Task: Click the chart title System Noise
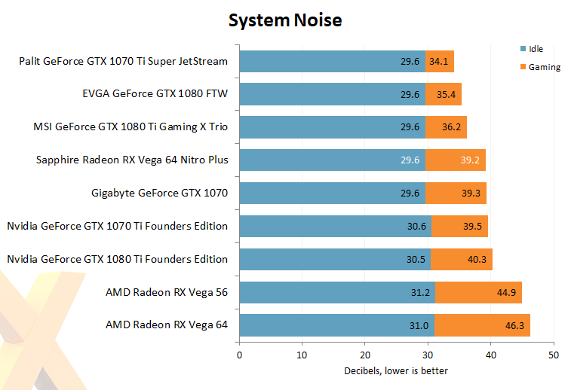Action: [285, 20]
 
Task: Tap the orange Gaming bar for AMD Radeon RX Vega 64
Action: [482, 325]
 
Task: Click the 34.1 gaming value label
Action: [438, 61]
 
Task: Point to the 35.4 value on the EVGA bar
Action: [447, 94]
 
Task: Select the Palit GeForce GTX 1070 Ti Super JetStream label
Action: [123, 61]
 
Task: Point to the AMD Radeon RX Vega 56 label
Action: [167, 292]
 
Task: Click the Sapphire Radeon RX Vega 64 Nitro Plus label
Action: [132, 160]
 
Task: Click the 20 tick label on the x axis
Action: [365, 354]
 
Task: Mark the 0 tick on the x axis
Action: [239, 354]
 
